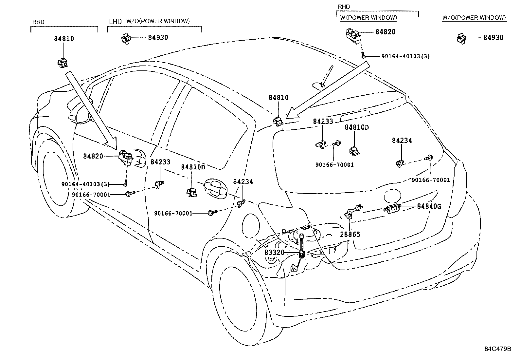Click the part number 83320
(274, 253)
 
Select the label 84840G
(429, 206)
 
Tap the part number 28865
(350, 234)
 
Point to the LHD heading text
(115, 22)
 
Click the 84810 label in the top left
(64, 39)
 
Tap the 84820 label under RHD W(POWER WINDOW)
(385, 32)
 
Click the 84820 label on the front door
(93, 156)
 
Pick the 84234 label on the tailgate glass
(402, 141)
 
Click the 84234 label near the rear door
(243, 181)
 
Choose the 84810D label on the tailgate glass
(356, 127)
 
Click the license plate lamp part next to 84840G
(392, 209)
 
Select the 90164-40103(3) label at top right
(405, 56)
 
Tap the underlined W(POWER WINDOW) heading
(368, 18)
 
